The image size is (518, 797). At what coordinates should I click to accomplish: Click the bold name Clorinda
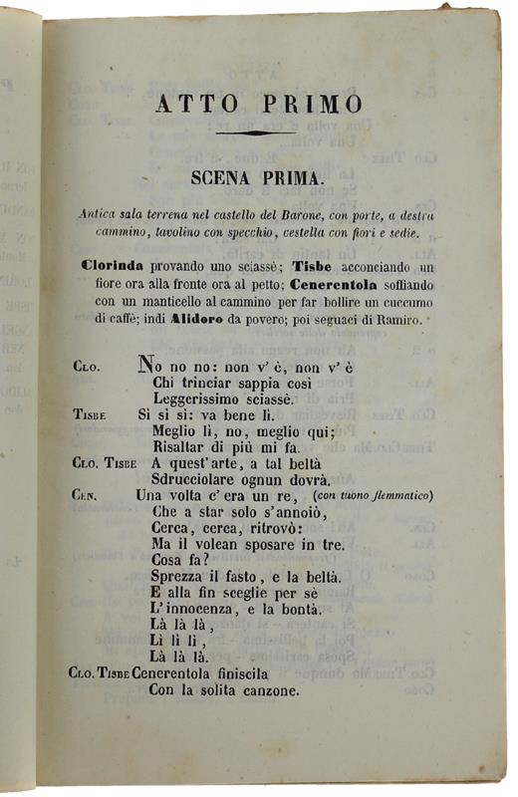(x=118, y=267)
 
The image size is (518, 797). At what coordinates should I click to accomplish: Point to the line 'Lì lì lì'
(x=169, y=641)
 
